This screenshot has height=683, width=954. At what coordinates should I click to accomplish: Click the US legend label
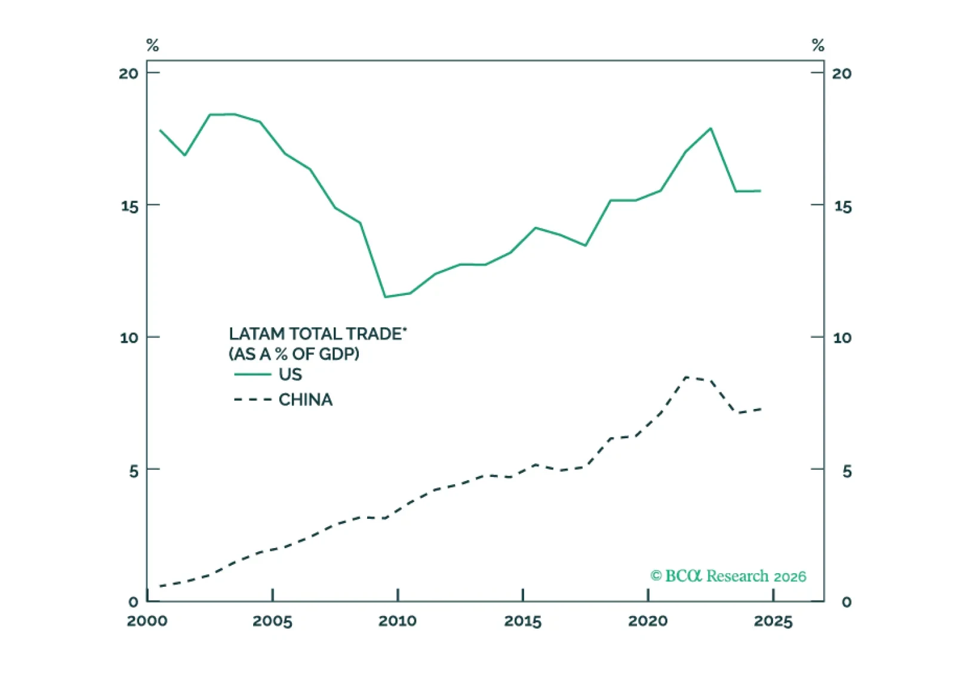click(290, 374)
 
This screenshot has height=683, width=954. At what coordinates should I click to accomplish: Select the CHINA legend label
click(305, 399)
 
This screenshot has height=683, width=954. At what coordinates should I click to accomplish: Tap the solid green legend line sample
click(253, 374)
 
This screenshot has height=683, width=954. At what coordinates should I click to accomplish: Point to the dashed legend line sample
click(253, 399)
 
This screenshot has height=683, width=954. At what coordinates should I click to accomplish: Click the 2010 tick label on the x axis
click(397, 622)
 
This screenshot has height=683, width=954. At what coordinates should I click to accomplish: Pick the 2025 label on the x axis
click(773, 622)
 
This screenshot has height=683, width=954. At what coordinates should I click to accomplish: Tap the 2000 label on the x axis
click(147, 622)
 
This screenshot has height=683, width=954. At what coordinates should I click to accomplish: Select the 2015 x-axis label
click(522, 622)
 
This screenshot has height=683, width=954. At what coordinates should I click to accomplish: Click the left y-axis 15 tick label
click(129, 207)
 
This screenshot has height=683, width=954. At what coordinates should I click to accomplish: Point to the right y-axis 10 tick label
click(842, 338)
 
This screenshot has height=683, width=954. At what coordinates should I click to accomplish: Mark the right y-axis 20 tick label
click(842, 73)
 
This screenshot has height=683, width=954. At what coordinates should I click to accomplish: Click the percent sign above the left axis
click(153, 45)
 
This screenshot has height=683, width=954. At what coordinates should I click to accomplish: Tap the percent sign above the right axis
click(818, 45)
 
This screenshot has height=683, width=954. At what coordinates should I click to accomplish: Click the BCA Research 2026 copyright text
click(728, 576)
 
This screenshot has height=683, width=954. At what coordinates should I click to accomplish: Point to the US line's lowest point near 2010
click(385, 297)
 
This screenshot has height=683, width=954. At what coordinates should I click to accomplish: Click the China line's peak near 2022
click(686, 377)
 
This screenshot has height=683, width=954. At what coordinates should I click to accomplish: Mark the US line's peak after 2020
click(710, 128)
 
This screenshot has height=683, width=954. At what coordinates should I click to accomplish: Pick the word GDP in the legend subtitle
click(339, 354)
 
